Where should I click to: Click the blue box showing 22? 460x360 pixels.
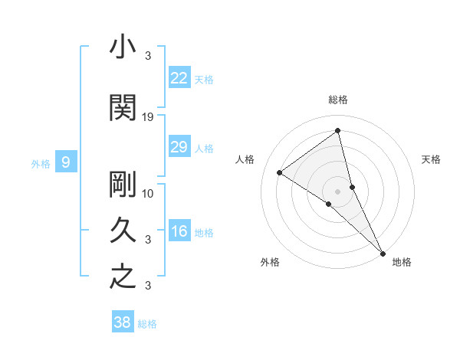[179, 78]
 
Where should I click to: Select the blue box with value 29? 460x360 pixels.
[179, 148]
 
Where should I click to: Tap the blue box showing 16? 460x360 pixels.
[179, 232]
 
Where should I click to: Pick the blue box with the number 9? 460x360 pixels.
[66, 162]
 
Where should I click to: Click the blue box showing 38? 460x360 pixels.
[123, 322]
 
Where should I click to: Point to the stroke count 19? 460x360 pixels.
[149, 116]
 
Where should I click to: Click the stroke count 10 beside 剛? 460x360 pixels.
[149, 193]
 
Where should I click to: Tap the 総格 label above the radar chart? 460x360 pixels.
[338, 100]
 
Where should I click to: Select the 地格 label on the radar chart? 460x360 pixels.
[402, 262]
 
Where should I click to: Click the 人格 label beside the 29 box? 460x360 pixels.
[205, 149]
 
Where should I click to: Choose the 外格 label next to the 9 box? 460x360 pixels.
[41, 163]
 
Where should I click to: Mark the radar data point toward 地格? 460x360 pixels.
[383, 252]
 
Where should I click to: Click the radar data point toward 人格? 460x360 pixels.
[279, 172]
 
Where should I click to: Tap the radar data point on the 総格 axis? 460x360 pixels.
[338, 131]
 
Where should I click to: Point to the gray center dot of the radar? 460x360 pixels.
[338, 191]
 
